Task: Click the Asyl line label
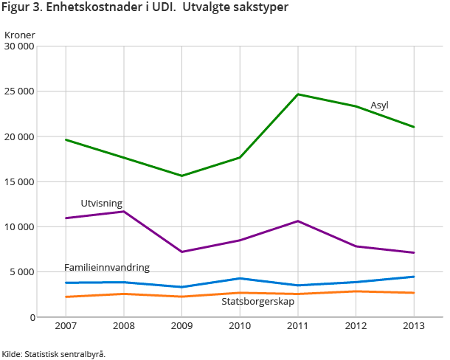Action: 379,105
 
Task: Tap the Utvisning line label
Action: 101,203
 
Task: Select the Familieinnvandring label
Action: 107,267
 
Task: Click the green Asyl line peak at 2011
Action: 298,94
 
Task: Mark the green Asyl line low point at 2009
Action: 181,176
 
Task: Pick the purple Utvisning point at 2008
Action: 123,212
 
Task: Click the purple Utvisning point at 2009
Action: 181,252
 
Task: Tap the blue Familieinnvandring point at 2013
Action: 414,277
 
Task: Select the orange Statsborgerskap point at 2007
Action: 66,297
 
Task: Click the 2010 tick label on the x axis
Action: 240,325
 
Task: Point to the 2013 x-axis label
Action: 414,325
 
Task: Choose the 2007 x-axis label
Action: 66,325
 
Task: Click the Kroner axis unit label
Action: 19,35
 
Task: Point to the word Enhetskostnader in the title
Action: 95,7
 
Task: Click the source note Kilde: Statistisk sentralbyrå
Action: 53,353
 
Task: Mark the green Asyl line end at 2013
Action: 414,127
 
